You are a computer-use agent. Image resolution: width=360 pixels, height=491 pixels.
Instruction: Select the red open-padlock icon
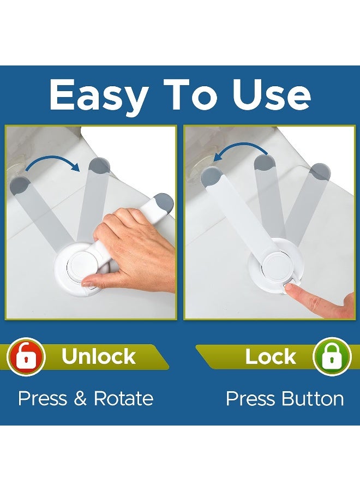26,357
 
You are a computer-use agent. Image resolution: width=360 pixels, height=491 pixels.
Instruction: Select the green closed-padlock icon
332,357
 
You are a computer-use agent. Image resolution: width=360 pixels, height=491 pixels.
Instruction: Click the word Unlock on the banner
98,357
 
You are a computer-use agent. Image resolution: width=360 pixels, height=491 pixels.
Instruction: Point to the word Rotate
123,399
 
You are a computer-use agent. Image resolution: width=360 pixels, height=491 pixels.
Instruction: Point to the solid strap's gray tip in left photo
163,203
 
